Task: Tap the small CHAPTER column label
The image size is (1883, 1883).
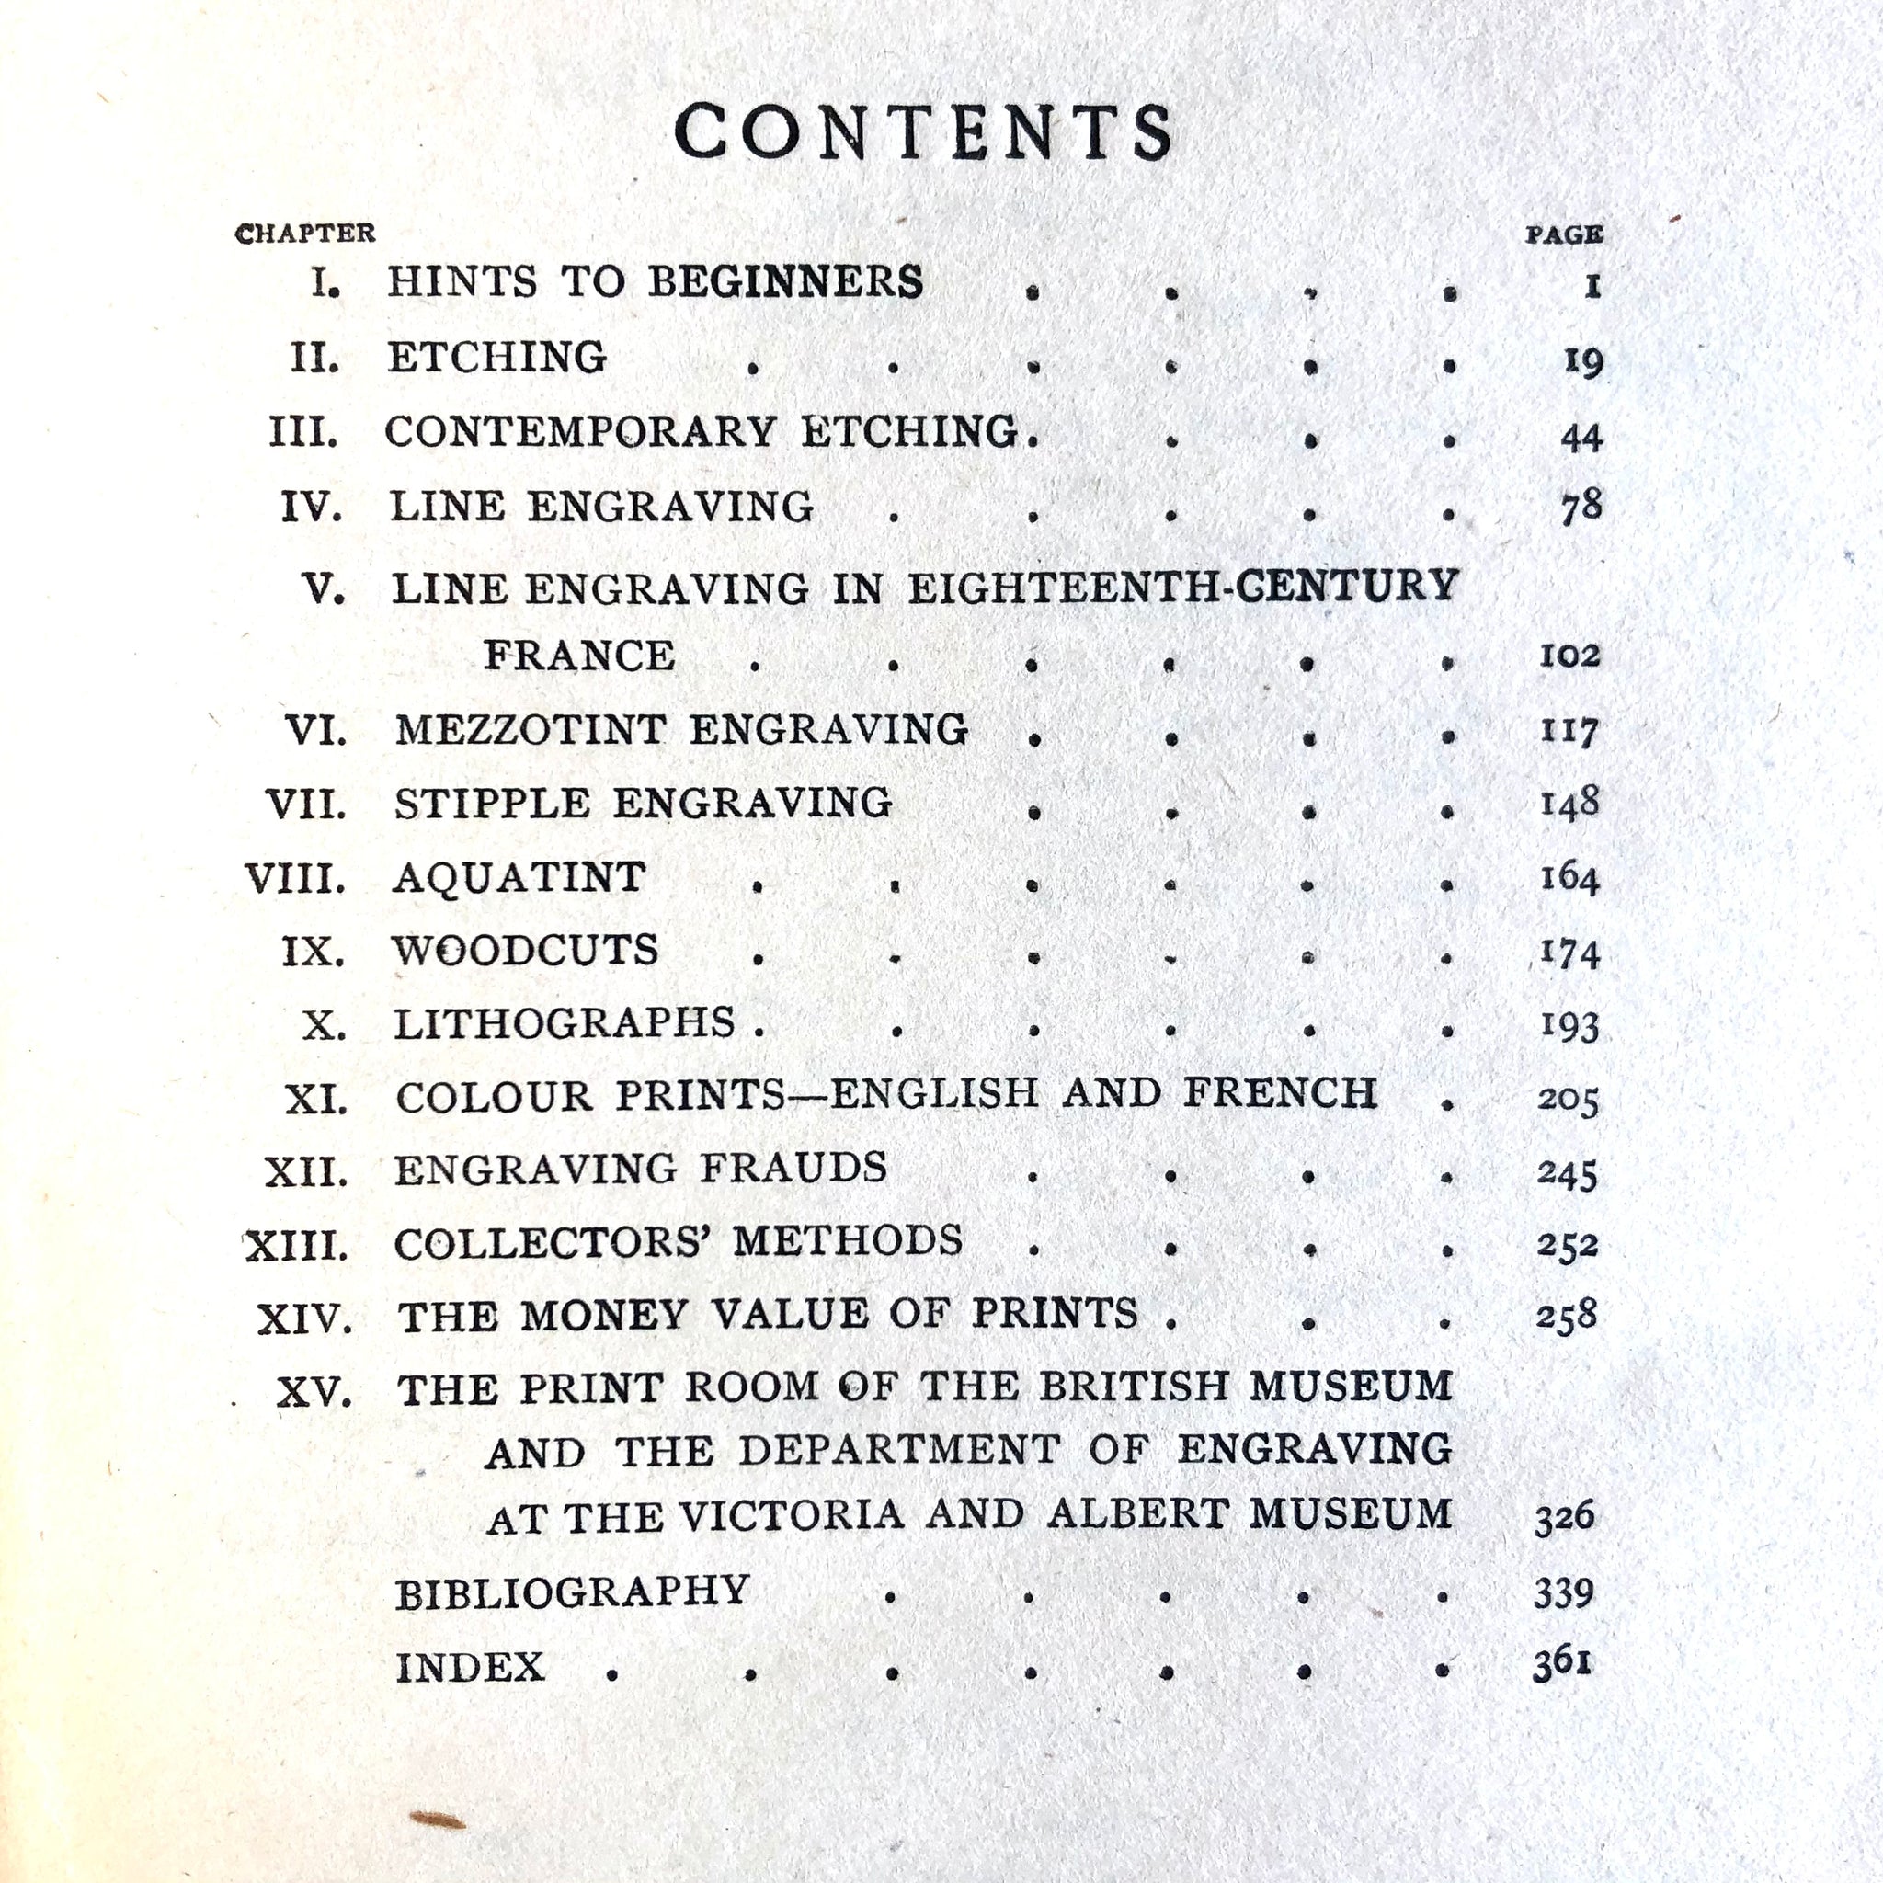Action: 305,234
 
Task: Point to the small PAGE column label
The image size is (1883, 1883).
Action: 1563,234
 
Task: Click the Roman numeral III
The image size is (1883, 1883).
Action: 304,433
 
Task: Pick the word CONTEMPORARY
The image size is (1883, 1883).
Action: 581,432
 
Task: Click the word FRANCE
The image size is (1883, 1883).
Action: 580,656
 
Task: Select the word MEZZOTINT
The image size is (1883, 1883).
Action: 531,730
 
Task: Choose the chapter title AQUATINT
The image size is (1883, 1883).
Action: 519,878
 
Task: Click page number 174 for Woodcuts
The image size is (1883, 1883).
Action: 1570,953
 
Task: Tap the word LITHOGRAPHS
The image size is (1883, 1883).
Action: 565,1023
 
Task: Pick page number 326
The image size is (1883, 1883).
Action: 1564,1517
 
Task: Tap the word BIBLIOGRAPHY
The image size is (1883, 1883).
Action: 572,1592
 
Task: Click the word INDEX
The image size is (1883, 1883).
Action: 471,1668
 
